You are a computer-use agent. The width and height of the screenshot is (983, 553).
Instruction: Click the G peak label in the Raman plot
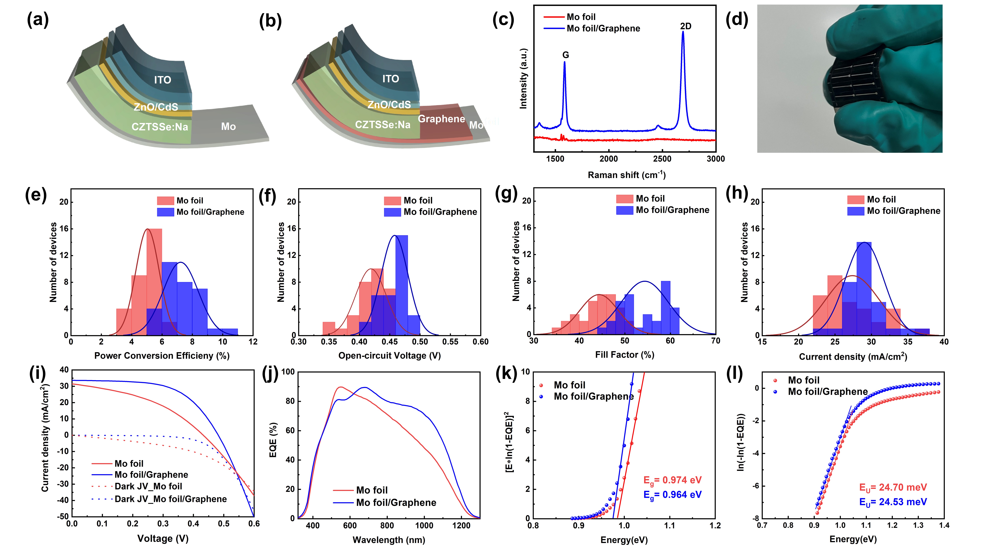pyautogui.click(x=566, y=55)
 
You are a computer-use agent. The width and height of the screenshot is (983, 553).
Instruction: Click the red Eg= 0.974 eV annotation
pyautogui.click(x=672, y=480)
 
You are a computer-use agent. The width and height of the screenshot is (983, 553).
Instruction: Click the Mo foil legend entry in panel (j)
pyautogui.click(x=371, y=490)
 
